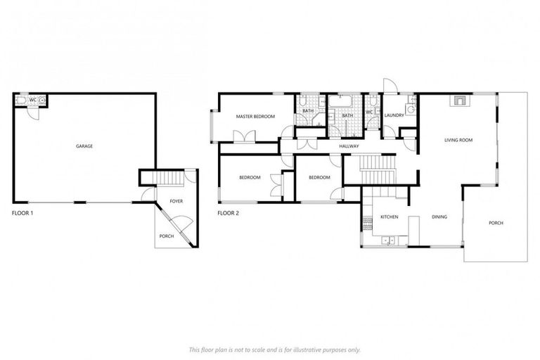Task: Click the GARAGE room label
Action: [x=84, y=146]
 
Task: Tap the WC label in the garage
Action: [x=32, y=100]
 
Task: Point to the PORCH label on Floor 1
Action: [x=167, y=236]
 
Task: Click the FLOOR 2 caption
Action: [x=229, y=212]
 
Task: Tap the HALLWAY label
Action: [x=349, y=146]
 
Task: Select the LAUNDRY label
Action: [x=394, y=115]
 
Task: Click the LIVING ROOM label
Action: [x=458, y=140]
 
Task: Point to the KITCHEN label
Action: [x=390, y=217]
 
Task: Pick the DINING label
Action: [x=439, y=217]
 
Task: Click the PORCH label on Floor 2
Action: [x=496, y=223]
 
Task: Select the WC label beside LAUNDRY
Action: [x=369, y=111]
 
